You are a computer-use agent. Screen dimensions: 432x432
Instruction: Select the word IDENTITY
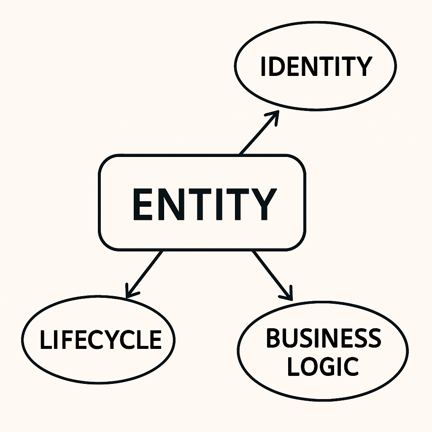316,66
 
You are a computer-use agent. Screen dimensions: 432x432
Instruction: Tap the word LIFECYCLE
100,340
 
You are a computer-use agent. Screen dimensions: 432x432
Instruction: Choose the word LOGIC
322,365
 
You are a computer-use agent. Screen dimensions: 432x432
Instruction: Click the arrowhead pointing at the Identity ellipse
274,116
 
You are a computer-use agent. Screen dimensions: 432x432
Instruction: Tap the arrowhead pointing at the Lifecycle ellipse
130,293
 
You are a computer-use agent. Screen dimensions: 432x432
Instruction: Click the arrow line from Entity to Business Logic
271,274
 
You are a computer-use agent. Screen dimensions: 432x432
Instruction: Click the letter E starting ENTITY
141,204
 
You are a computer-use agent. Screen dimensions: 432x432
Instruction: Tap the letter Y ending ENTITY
265,204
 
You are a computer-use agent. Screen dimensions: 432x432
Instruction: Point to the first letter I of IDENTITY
263,66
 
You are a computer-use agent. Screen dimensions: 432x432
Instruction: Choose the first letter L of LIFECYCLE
45,340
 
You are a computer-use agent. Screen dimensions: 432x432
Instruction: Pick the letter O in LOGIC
308,365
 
